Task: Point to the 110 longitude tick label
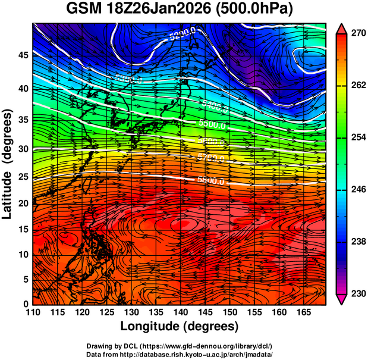click(32, 313)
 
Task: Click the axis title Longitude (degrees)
click(180, 327)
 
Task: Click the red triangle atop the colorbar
click(341, 27)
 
